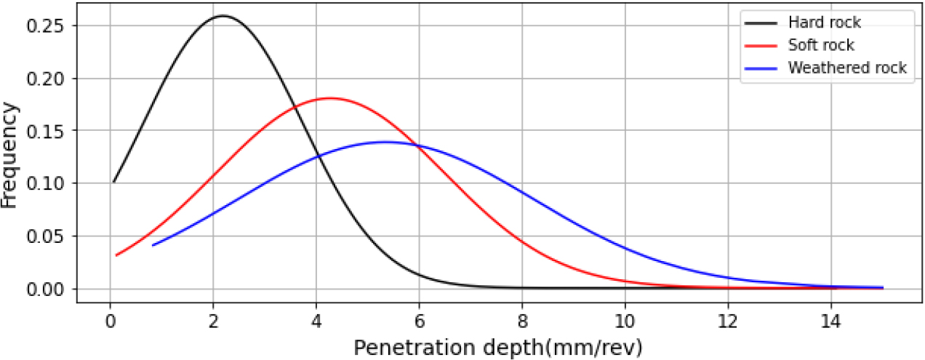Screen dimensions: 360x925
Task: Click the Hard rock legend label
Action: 824,23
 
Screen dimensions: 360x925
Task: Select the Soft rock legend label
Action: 821,45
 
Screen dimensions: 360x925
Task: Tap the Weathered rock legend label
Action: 847,68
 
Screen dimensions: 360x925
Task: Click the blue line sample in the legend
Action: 761,68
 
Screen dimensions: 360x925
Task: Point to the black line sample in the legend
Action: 761,23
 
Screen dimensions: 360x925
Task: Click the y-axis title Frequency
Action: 10,156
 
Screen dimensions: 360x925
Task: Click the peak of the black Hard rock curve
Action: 223,15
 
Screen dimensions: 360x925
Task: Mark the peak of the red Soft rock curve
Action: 331,97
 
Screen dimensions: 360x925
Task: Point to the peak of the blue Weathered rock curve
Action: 386,142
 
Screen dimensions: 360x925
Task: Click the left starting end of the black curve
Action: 114,182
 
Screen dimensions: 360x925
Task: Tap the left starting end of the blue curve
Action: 153,245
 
